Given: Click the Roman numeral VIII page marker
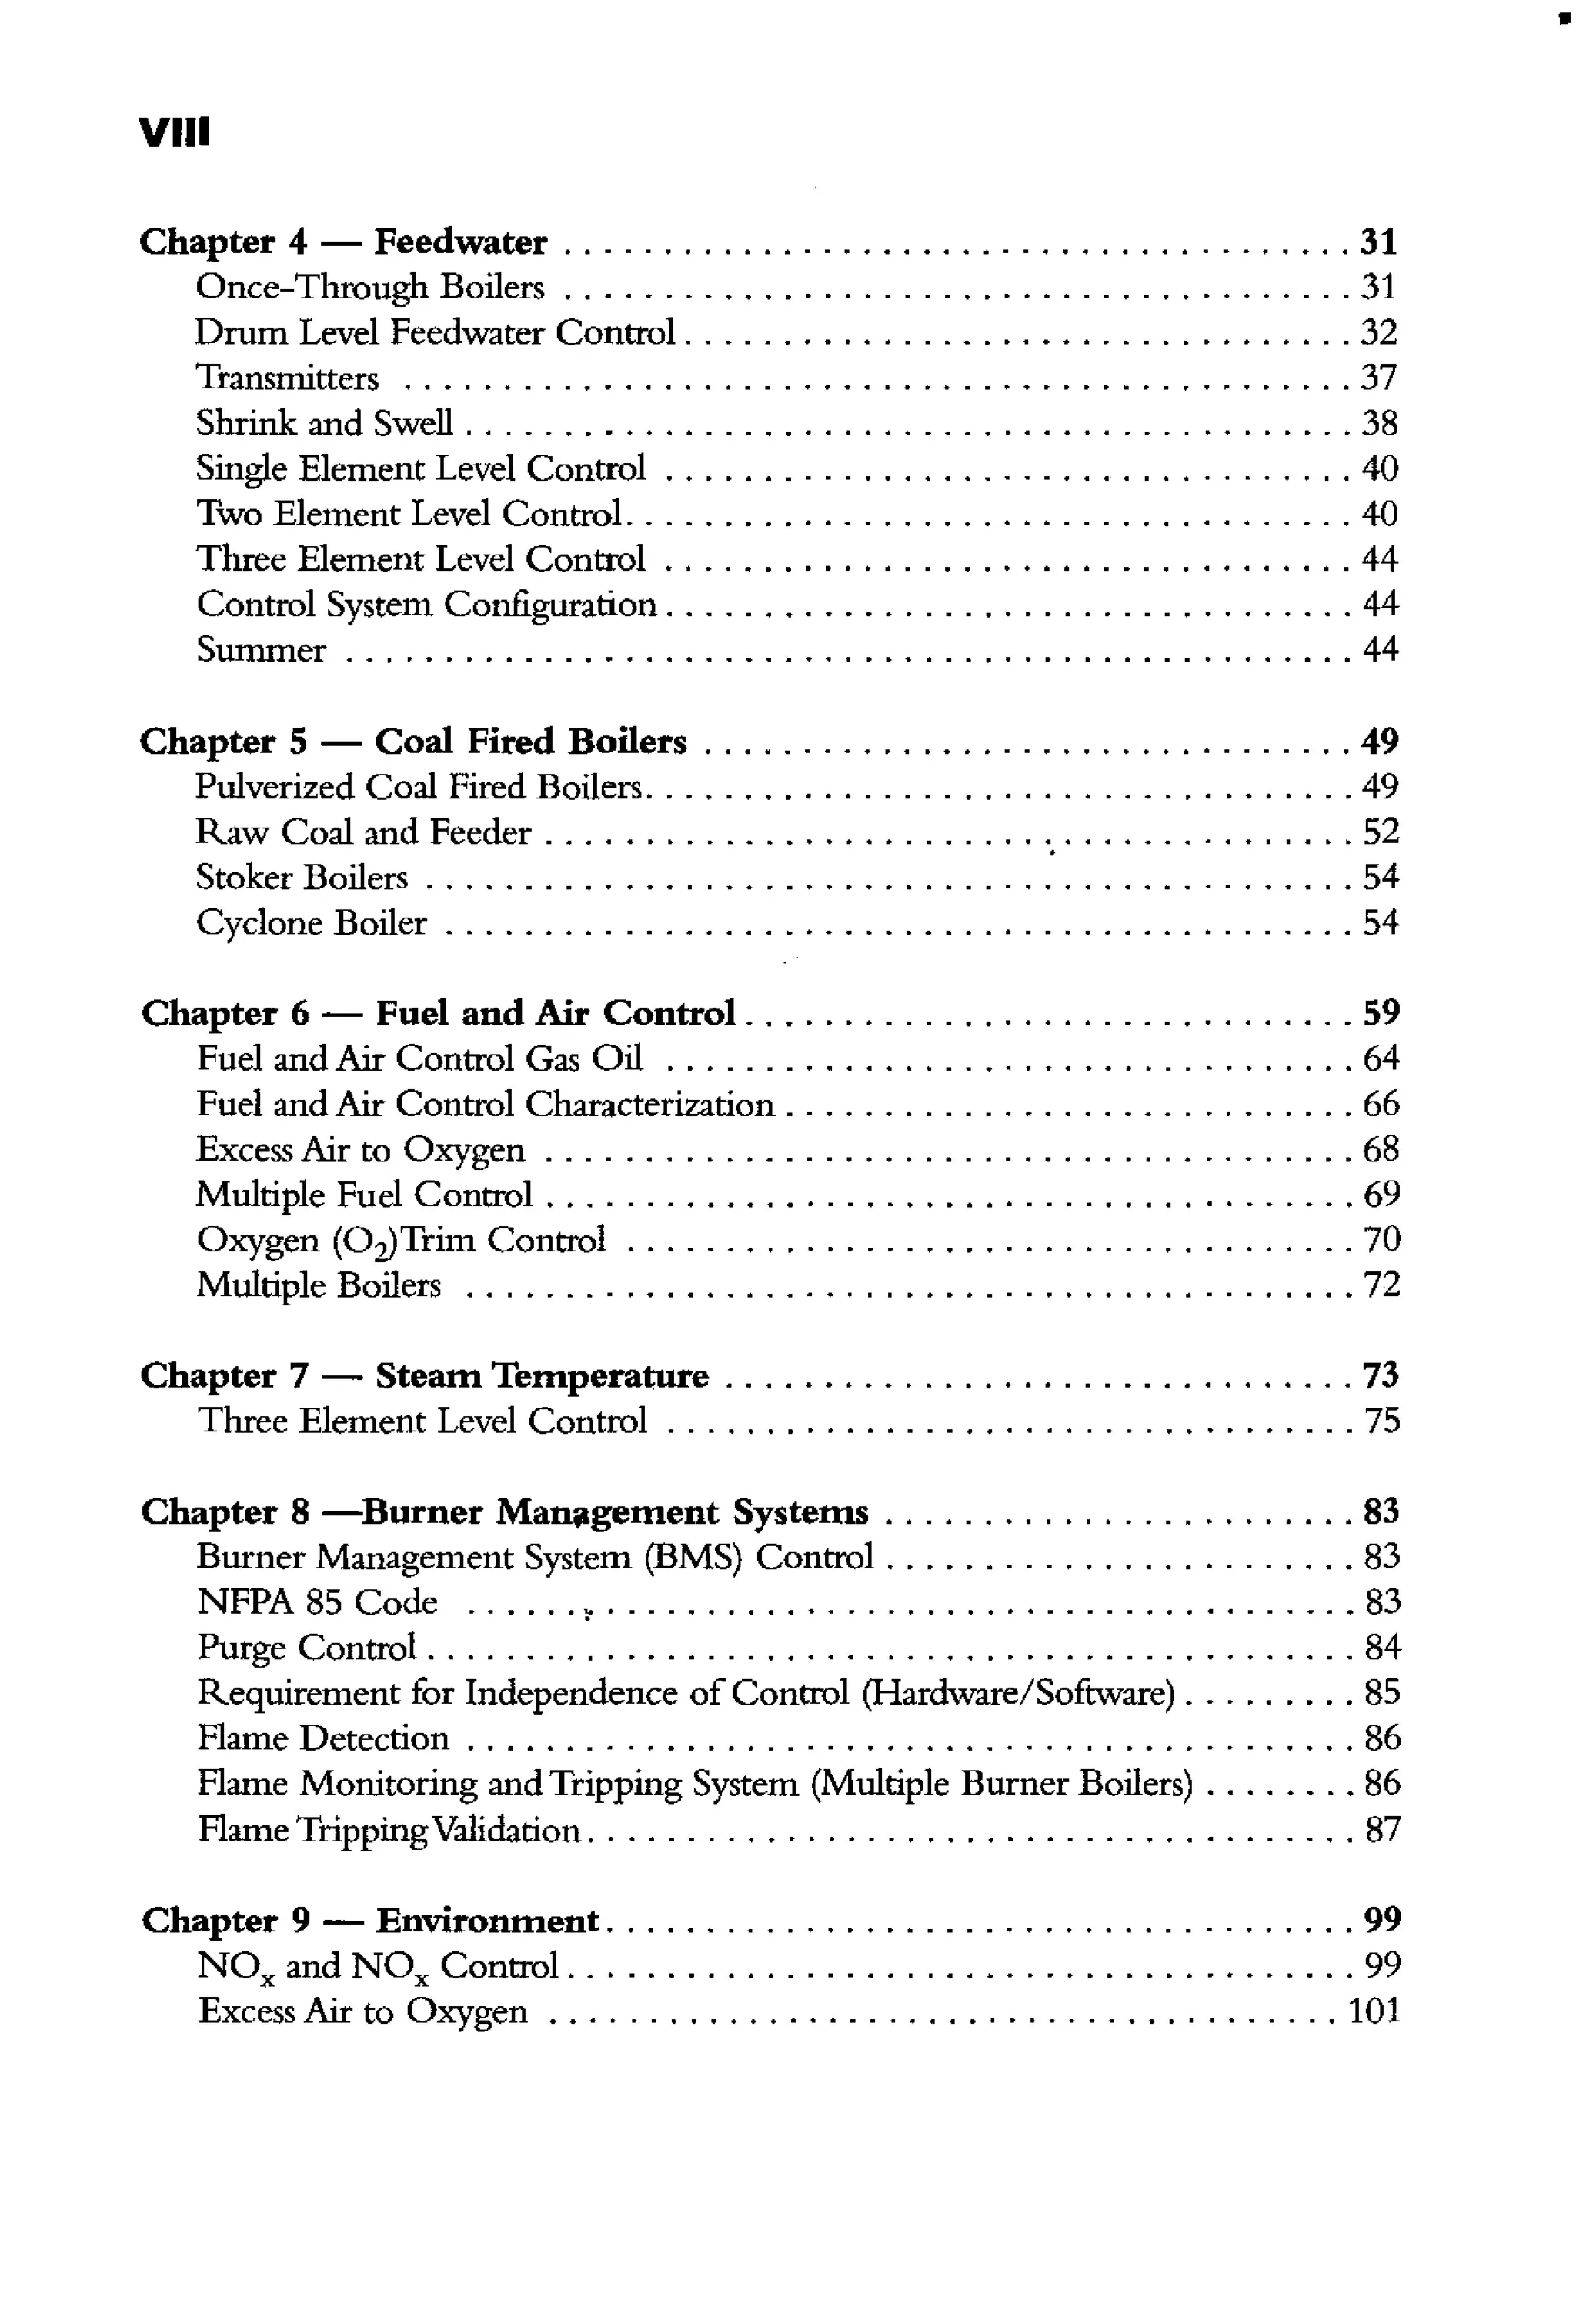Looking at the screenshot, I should (174, 132).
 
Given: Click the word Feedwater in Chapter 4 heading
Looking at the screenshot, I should (460, 242).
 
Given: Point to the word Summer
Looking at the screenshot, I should (261, 650).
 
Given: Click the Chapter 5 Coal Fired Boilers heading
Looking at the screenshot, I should (412, 742).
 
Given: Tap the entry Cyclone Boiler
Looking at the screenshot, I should (311, 922).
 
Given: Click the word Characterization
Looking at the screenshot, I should (649, 1105).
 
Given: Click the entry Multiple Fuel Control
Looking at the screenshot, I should (365, 1195).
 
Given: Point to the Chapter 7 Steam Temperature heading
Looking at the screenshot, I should (424, 1376).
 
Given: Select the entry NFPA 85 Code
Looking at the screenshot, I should (316, 1602).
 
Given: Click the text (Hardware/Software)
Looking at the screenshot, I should (1017, 1693).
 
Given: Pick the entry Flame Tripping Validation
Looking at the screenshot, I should (389, 1830).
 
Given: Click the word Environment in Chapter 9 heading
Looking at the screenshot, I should (487, 1921).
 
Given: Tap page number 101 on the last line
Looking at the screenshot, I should (1374, 2011).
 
